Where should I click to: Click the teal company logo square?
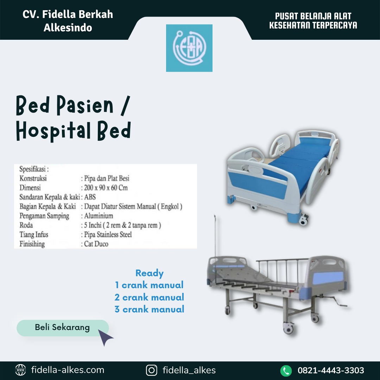point(189,48)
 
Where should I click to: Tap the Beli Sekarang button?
point(63,328)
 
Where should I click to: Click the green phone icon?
point(286,370)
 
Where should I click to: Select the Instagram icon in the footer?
point(151,370)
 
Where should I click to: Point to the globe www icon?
point(20,370)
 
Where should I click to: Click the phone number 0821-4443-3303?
point(331,370)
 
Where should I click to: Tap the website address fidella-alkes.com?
point(68,370)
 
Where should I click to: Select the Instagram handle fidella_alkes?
point(189,370)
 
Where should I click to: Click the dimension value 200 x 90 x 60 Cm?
point(106,188)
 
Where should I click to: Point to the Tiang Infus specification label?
point(34,234)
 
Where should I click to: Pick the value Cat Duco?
point(96,244)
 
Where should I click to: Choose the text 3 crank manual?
point(149,309)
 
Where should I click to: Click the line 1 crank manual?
point(149,285)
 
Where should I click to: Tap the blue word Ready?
point(149,273)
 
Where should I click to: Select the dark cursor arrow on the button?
point(105,337)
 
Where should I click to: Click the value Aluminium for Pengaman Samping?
point(99,216)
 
